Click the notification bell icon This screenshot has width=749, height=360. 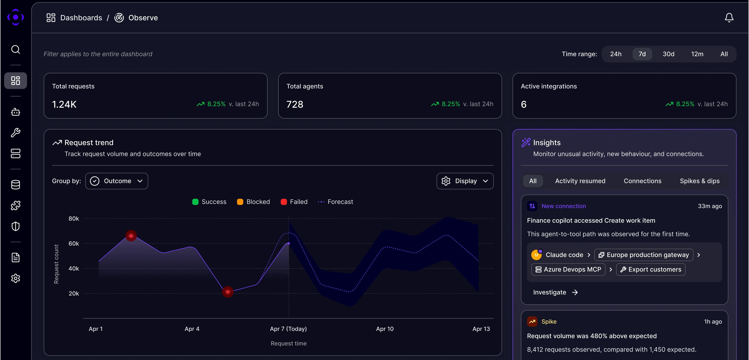tap(729, 18)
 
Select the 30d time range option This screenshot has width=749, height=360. tap(668, 54)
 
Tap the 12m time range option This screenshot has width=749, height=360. tap(697, 54)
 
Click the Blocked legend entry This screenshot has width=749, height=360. tap(253, 202)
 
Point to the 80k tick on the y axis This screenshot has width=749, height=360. tap(74, 219)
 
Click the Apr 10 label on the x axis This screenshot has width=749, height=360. tap(385, 329)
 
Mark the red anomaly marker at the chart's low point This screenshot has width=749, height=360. tap(228, 292)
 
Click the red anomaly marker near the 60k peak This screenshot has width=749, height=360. tap(131, 235)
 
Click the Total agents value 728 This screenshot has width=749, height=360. tap(295, 104)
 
